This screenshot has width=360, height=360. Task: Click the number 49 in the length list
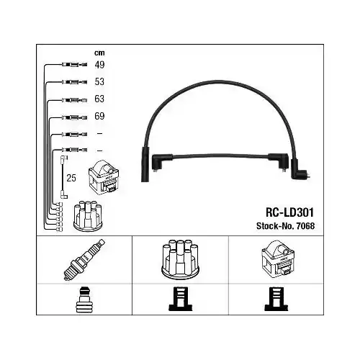click(99, 65)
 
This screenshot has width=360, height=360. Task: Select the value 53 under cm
click(99, 81)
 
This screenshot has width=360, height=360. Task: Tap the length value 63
click(99, 99)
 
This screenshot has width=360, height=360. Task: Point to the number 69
click(99, 116)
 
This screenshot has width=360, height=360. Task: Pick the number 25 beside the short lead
click(71, 176)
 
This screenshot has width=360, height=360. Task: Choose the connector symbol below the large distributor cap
click(180, 300)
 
